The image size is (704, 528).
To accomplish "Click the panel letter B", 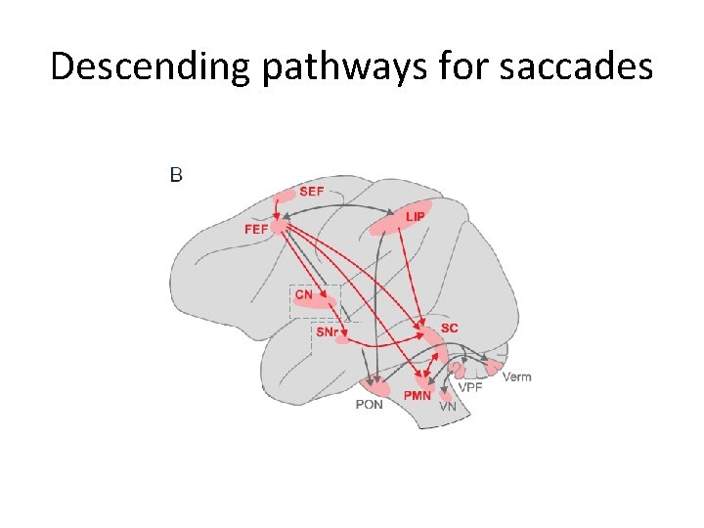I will [176, 175].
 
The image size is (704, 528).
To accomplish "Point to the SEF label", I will [311, 192].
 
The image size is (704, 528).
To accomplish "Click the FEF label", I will [256, 230].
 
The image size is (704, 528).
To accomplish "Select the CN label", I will [304, 293].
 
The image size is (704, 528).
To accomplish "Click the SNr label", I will [328, 332].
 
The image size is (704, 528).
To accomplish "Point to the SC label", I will [449, 328].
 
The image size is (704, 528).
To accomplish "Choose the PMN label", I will [418, 395].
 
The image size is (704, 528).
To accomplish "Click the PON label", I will [369, 404].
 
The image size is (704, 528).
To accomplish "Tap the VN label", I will [447, 406].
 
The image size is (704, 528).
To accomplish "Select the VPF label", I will [471, 388].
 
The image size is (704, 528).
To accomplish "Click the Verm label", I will [516, 376].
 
